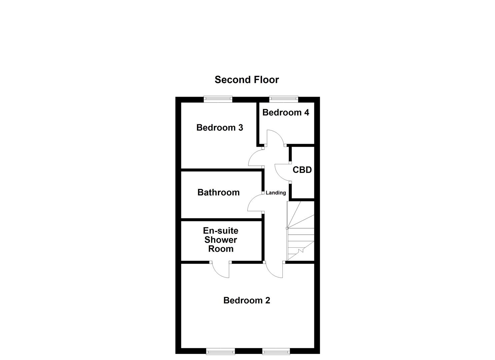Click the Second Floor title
[247, 80]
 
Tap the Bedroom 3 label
[219, 128]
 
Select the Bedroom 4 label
[286, 112]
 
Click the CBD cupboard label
[302, 170]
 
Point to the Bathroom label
[218, 192]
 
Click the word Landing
[276, 193]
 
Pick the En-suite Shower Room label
[221, 240]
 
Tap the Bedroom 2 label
[247, 300]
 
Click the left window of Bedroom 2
[220, 351]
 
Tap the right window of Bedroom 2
[276, 351]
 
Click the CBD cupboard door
[282, 173]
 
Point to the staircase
[301, 231]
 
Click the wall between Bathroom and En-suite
[221, 220]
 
